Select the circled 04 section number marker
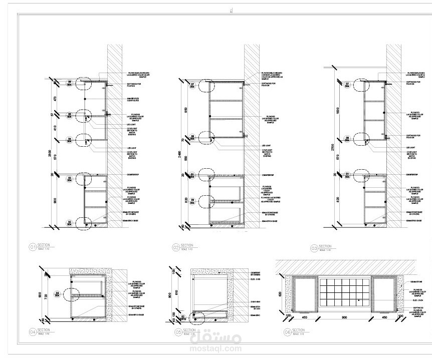point(33,331)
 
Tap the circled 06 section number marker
point(287,331)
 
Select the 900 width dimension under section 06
point(344,317)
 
